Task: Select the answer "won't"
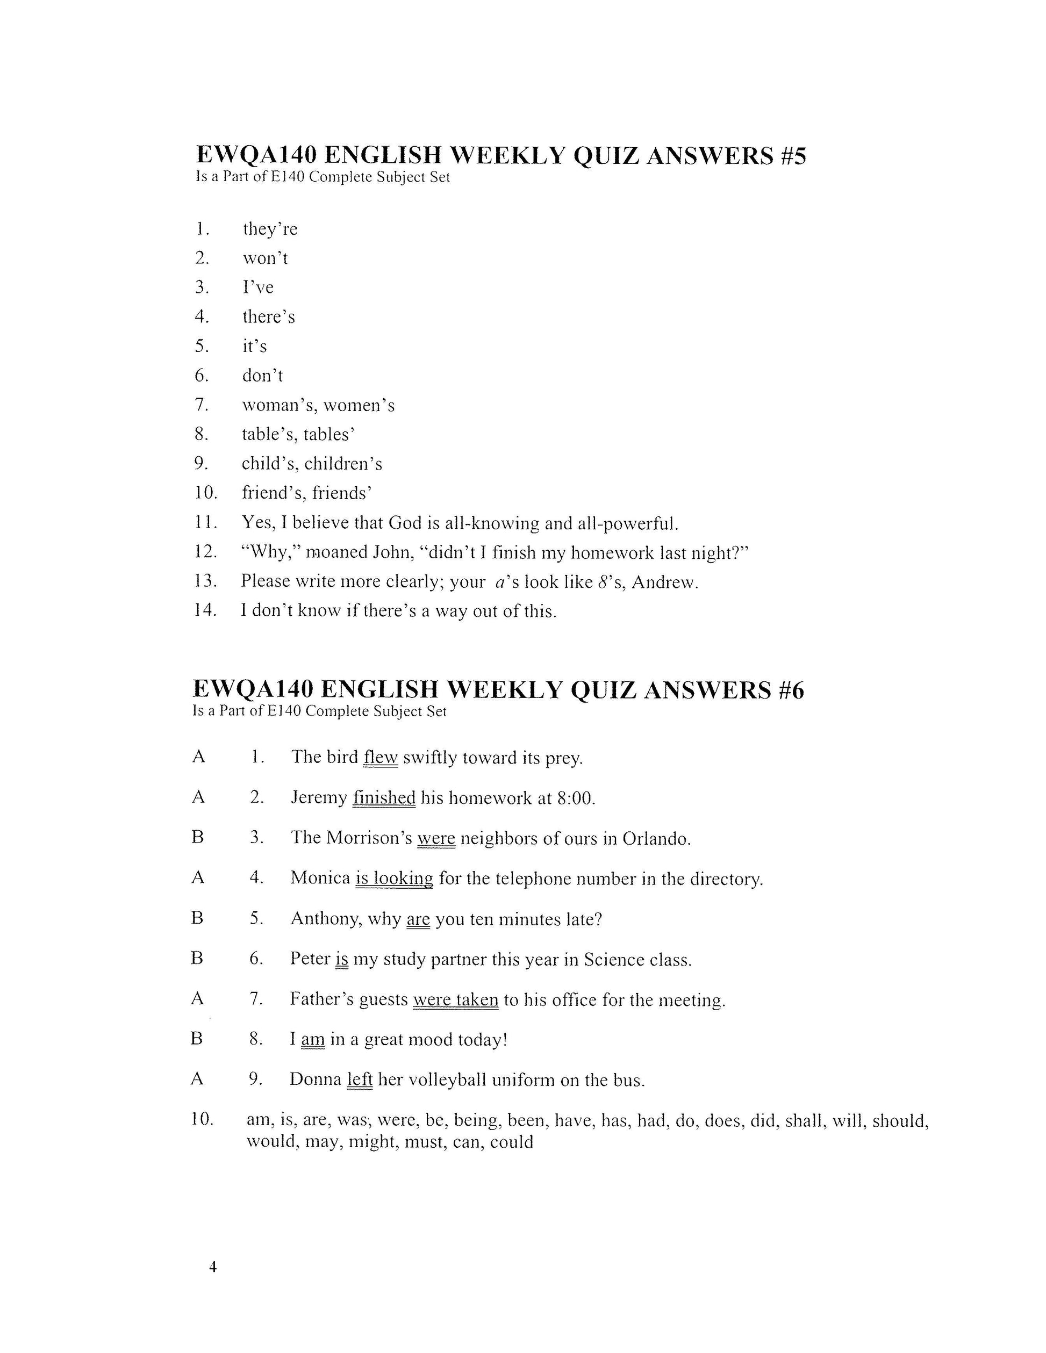click(264, 258)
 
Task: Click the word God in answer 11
click(405, 523)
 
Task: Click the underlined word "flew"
click(381, 757)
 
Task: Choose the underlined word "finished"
click(384, 797)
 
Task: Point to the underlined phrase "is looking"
click(394, 879)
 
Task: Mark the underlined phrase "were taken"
click(455, 999)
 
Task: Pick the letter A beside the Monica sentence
click(198, 877)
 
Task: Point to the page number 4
click(212, 1267)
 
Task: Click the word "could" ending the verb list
click(511, 1141)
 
